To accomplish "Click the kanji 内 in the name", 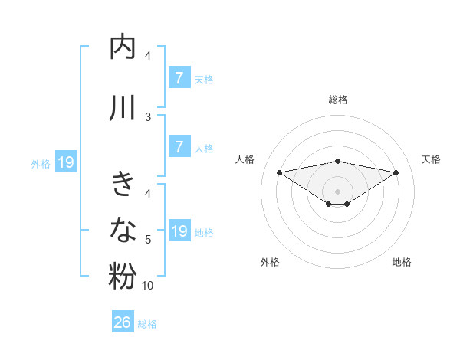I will click(123, 47).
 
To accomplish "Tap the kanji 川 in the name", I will click(123, 108).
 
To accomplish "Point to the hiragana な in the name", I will click(123, 229).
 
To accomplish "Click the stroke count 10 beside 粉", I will click(148, 286).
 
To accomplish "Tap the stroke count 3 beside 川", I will click(148, 116).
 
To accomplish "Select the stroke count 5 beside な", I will click(148, 240).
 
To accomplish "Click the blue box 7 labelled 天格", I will click(179, 77).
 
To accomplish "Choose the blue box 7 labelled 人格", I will click(179, 146).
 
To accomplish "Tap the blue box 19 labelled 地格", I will click(179, 231).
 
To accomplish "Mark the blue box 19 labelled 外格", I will click(65, 162).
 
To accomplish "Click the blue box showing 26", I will click(123, 322).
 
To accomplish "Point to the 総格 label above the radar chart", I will click(337, 100).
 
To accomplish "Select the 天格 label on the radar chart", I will click(432, 159).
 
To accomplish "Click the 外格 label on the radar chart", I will click(270, 262).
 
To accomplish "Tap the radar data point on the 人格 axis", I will click(279, 172).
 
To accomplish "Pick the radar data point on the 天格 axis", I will click(396, 172).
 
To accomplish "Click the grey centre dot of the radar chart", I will click(337, 190).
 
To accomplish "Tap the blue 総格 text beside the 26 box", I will click(148, 324).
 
